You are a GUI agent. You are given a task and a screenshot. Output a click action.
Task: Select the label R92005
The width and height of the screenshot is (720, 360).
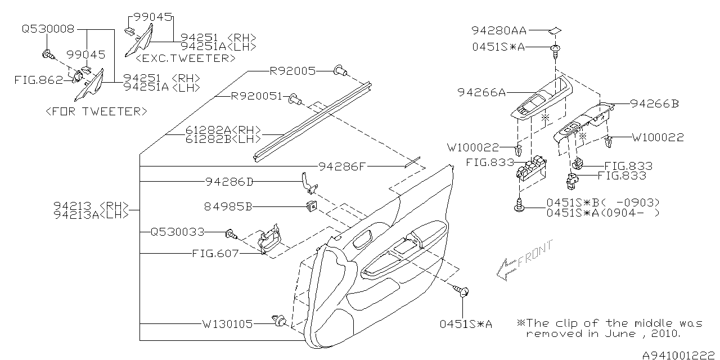tap(292, 71)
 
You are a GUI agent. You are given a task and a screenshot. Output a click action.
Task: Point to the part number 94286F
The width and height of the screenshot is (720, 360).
tap(343, 166)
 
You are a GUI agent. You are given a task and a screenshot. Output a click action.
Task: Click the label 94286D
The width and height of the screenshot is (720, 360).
tap(229, 182)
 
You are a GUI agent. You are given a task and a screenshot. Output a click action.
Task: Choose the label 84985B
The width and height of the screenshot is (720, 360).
tap(229, 206)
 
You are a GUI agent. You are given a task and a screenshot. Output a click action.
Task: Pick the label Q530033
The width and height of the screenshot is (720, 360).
tap(177, 231)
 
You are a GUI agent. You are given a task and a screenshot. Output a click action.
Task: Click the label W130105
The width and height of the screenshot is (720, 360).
tap(228, 324)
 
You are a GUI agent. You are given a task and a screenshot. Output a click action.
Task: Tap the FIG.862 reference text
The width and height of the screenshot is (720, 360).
tap(38, 80)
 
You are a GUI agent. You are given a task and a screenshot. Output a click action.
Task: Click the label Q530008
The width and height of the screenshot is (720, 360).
tap(48, 28)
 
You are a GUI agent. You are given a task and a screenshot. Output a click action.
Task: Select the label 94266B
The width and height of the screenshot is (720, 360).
tap(655, 103)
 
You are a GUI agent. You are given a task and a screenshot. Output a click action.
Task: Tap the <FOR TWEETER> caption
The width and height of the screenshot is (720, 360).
tap(95, 111)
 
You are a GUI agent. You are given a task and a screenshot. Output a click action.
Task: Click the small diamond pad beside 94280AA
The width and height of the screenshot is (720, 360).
tap(555, 30)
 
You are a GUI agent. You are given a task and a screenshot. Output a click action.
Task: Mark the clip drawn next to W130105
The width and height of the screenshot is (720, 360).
tap(280, 321)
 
